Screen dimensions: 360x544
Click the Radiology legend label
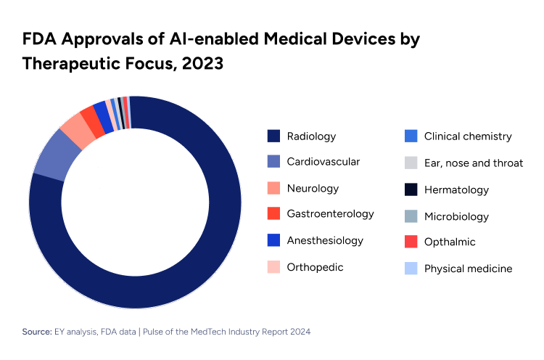(311, 136)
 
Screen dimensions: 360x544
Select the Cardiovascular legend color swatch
(273, 162)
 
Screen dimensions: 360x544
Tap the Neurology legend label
(313, 189)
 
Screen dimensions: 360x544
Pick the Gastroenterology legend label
(330, 214)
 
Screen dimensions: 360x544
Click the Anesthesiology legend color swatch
(273, 240)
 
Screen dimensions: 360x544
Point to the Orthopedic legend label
(315, 267)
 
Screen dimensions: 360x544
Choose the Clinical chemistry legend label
(468, 136)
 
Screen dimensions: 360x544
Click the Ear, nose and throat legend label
(473, 163)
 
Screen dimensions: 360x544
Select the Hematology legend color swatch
(411, 189)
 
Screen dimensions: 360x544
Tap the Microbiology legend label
(456, 216)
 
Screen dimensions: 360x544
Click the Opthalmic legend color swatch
(411, 242)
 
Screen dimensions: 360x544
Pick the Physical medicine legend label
(468, 269)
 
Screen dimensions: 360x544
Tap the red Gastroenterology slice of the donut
(89, 117)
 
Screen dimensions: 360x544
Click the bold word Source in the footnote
(36, 331)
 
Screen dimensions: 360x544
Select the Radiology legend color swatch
(273, 136)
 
